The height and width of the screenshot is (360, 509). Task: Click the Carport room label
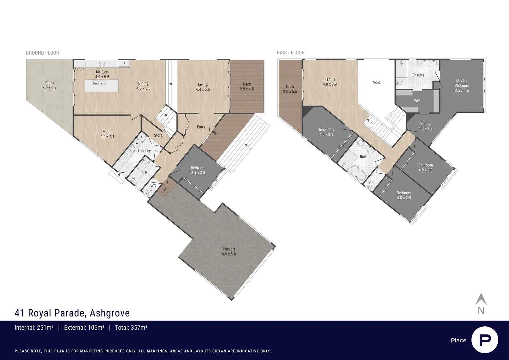229,251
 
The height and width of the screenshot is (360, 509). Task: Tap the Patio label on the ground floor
49,85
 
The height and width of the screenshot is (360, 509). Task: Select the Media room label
107,134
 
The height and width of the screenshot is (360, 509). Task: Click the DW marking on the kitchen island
95,83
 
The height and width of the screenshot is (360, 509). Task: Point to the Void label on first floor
376,82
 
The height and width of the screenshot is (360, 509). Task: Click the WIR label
417,101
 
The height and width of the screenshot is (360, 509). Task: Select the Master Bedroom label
462,85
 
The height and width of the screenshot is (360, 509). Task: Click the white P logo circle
484,340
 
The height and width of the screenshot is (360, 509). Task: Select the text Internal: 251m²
34,328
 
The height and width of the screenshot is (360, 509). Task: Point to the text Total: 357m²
131,328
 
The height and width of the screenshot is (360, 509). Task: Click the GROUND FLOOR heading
42,53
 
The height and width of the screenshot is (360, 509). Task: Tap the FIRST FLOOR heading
291,53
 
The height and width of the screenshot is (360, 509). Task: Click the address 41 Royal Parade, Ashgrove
72,313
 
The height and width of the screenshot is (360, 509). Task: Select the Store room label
158,135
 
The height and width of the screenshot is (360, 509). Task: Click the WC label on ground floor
153,186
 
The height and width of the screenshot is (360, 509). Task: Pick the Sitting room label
425,126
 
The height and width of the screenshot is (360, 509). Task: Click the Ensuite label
418,75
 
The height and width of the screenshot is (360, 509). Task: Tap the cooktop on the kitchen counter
102,64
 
